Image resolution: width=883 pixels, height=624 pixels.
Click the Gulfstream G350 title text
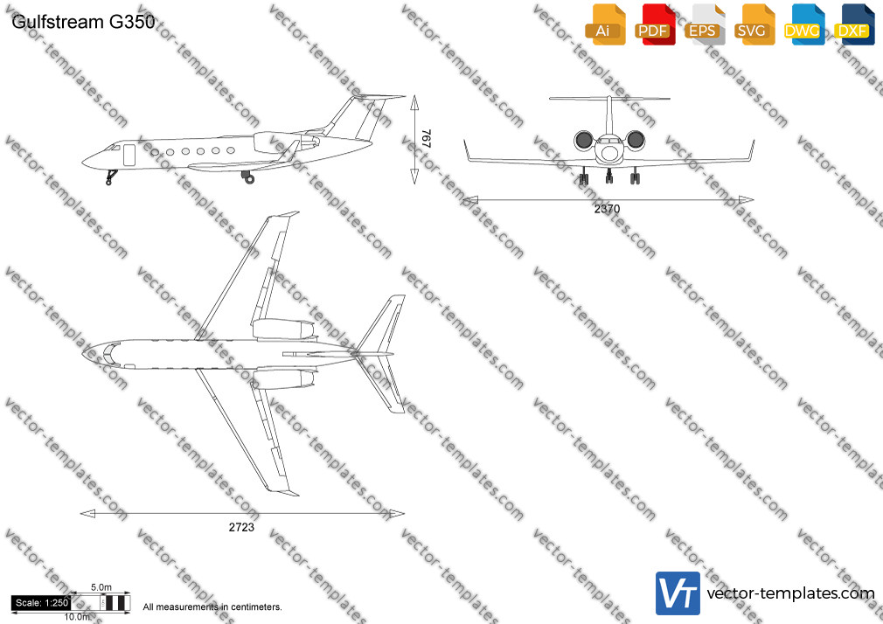83,22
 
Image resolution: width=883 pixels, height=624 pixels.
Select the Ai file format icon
604,24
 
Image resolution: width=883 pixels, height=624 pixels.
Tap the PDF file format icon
654,24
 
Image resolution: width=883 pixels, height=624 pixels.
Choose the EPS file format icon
704,24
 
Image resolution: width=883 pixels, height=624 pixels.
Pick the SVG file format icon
753,24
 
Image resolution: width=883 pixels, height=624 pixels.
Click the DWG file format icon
803,24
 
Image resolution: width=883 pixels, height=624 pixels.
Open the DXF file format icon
853,24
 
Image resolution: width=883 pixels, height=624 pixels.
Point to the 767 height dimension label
427,139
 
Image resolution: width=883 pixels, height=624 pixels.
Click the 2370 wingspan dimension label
607,209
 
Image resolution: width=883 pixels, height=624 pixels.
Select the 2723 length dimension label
241,528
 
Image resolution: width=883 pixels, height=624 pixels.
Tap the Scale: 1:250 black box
41,603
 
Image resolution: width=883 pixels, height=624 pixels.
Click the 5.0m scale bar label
101,587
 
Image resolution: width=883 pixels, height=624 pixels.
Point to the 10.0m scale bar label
77,617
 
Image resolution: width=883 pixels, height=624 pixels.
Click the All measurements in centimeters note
212,607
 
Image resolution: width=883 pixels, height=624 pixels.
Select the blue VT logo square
678,593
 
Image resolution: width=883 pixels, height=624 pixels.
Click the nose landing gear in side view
111,177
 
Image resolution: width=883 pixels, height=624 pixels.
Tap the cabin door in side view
129,155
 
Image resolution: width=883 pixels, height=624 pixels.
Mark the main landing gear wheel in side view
249,179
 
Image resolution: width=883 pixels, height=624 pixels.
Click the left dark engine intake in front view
583,140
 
